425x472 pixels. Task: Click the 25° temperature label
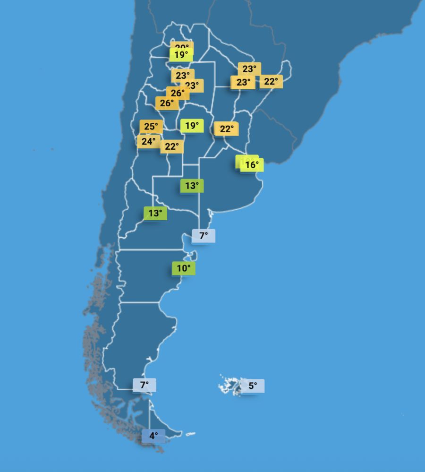[151, 127]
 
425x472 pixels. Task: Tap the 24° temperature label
[148, 141]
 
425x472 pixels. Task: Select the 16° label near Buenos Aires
[252, 165]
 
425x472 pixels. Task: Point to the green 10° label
[183, 268]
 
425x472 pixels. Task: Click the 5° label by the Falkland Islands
[253, 386]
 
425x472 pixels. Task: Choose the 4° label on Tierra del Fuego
[153, 436]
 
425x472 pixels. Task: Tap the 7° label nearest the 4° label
[144, 385]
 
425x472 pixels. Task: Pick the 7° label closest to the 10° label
[204, 236]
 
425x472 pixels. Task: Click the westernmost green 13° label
[155, 213]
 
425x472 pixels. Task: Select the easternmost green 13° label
[192, 186]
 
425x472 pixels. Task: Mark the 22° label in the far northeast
[271, 82]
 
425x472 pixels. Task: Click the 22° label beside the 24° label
[171, 147]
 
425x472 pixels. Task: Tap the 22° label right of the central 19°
[226, 129]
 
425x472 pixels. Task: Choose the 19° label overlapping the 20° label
[181, 55]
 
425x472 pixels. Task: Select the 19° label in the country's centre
[192, 126]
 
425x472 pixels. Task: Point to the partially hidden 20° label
[181, 46]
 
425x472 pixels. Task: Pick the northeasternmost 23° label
[249, 69]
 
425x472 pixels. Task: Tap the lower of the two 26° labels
[167, 103]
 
